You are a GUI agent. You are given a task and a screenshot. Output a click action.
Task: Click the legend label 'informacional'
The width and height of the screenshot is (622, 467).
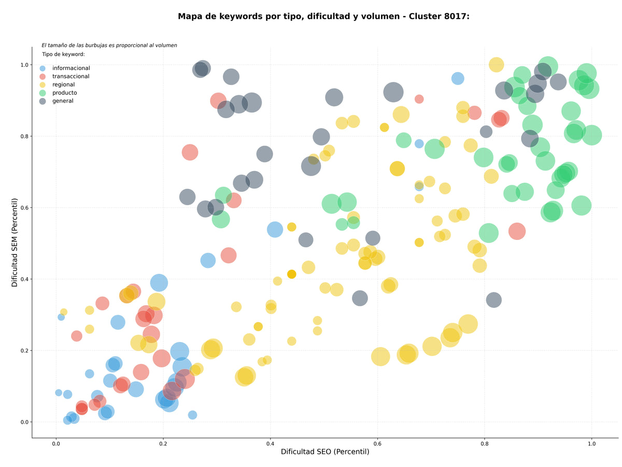(71, 68)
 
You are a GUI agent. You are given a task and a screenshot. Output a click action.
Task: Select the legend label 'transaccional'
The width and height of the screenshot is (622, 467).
(70, 76)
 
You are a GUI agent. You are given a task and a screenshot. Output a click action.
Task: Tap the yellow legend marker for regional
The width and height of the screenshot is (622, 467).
(42, 84)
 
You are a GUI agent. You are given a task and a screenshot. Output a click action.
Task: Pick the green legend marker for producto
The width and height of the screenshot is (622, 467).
(42, 93)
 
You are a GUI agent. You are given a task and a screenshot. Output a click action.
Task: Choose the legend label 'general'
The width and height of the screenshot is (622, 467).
(63, 101)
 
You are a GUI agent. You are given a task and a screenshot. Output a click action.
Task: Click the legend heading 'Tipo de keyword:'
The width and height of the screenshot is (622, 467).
(63, 54)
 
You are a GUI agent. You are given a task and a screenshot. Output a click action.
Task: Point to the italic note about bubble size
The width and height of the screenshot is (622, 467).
(109, 45)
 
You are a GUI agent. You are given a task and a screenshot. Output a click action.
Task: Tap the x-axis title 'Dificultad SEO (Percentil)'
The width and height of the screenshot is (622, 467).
(325, 451)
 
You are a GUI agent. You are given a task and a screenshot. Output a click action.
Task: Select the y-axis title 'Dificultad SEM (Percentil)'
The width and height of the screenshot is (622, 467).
(15, 243)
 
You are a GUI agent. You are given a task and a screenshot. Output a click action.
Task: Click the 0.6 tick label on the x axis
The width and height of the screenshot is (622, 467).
(377, 444)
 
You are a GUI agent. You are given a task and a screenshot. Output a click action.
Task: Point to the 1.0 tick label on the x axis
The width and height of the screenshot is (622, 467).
(591, 444)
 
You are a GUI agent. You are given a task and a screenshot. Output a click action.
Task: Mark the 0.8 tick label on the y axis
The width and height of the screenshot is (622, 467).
(25, 136)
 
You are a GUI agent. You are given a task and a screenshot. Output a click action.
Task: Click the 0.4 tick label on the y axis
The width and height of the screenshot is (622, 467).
(25, 279)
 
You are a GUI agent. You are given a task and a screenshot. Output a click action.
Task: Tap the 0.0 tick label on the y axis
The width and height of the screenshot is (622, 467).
(25, 422)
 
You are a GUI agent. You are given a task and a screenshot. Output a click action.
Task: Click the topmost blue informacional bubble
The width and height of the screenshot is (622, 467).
(458, 78)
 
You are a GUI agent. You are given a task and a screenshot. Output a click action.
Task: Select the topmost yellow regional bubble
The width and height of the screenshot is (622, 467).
(496, 65)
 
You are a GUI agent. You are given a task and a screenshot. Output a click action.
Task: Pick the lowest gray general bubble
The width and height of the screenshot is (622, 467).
(493, 300)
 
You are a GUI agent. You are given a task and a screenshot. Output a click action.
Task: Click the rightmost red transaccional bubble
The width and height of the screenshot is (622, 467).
(517, 231)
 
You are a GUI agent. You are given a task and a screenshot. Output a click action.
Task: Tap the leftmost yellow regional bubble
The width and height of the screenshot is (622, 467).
(64, 312)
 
